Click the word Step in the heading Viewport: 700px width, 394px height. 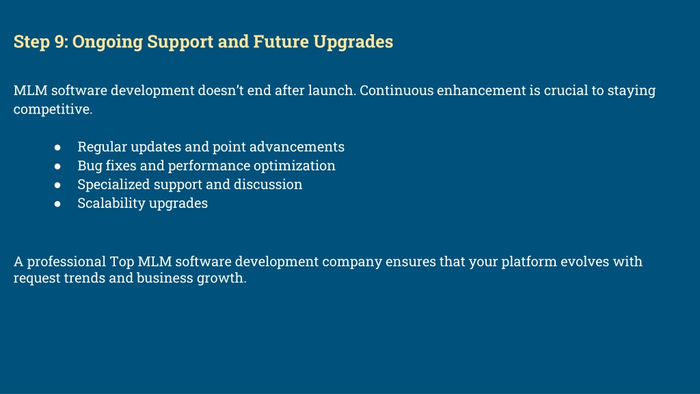(x=31, y=42)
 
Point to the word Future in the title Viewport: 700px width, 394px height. (x=281, y=42)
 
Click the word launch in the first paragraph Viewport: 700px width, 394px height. (x=332, y=90)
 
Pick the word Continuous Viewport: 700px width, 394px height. (x=396, y=90)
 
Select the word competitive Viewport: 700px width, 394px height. (x=53, y=109)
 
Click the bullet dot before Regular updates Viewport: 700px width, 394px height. (x=57, y=147)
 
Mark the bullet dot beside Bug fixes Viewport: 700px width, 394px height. (x=57, y=166)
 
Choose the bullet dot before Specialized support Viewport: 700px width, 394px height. (x=57, y=185)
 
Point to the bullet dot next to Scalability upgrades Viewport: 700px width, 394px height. (x=57, y=203)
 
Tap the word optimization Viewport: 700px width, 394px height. (x=294, y=166)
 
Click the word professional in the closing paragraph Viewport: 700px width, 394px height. (x=66, y=262)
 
